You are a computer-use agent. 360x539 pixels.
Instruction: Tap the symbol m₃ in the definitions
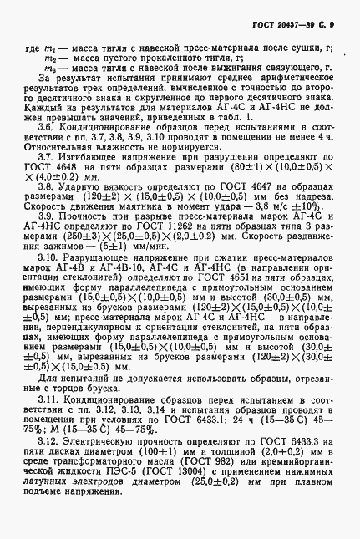[48, 67]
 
